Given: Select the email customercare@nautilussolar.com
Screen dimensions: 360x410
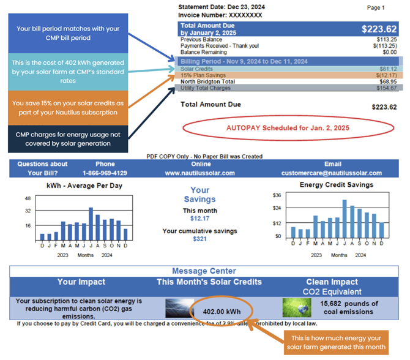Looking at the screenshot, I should pos(331,173).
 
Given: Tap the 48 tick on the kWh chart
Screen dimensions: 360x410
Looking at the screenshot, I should pos(28,198).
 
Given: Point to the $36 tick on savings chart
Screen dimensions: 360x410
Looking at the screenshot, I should pos(277,195).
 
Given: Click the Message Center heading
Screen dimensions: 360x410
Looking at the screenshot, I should pos(204,271).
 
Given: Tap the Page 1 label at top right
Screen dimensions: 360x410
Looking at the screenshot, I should pos(375,8).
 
